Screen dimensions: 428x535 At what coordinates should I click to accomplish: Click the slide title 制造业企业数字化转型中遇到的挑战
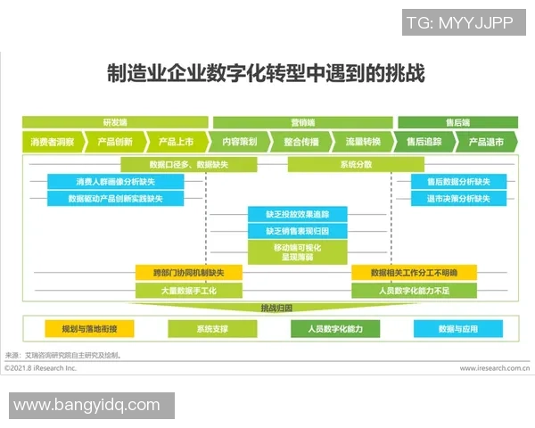pyautogui.click(x=266, y=73)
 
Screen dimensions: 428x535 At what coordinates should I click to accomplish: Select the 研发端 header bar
pyautogui.click(x=115, y=122)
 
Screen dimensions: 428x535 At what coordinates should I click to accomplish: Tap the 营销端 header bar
pyautogui.click(x=303, y=122)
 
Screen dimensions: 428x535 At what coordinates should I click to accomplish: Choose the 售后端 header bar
pyautogui.click(x=457, y=122)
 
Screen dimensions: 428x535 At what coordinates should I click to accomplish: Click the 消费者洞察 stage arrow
pyautogui.click(x=53, y=142)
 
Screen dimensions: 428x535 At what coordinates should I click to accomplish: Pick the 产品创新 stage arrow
pyautogui.click(x=116, y=142)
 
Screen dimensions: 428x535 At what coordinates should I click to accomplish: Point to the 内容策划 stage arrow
pyautogui.click(x=239, y=142)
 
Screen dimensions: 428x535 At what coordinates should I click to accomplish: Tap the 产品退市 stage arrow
pyautogui.click(x=486, y=142)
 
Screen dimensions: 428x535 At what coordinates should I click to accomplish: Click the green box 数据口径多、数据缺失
pyautogui.click(x=189, y=164)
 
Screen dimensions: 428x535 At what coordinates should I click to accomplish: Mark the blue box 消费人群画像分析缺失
pyautogui.click(x=116, y=181)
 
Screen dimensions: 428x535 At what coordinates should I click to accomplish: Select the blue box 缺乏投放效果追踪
pyautogui.click(x=297, y=214)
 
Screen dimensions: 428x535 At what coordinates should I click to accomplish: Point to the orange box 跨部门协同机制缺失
pyautogui.click(x=189, y=273)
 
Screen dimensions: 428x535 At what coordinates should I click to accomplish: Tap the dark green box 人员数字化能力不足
pyautogui.click(x=414, y=291)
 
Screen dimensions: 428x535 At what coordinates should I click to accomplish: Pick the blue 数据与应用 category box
pyautogui.click(x=457, y=329)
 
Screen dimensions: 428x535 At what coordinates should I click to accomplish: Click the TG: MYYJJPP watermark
pyautogui.click(x=459, y=22)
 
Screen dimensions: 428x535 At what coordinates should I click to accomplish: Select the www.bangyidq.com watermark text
pyautogui.click(x=87, y=406)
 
